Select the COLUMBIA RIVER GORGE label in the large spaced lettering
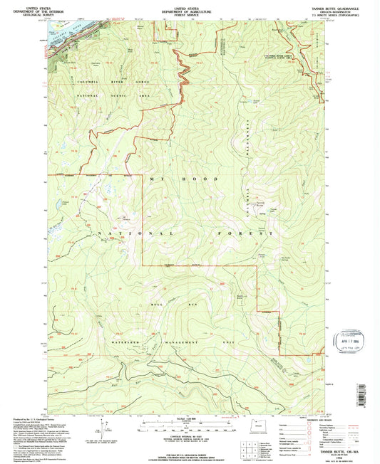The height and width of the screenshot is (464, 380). [x=92, y=83]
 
